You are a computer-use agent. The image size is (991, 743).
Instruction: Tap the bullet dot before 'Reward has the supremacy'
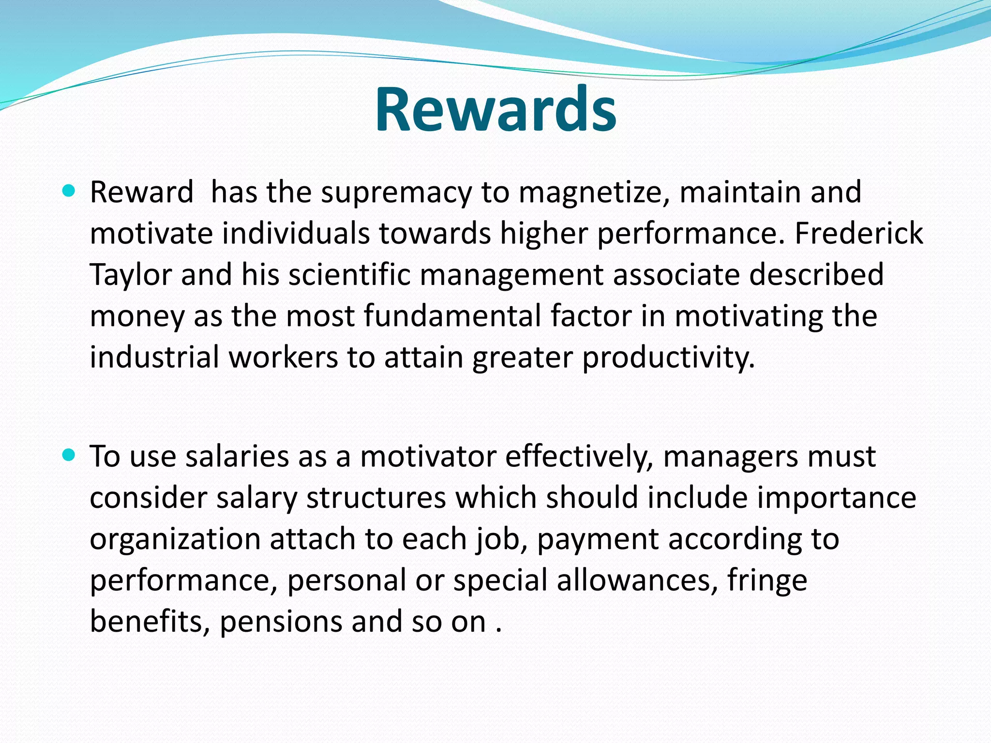(69, 191)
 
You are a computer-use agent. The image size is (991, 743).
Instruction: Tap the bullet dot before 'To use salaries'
(69, 455)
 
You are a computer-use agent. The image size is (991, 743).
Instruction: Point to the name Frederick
(858, 233)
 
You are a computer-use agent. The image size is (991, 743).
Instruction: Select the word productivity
(668, 358)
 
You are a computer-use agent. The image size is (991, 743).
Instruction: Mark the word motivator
(428, 457)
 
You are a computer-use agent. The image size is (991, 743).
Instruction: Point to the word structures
(376, 498)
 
